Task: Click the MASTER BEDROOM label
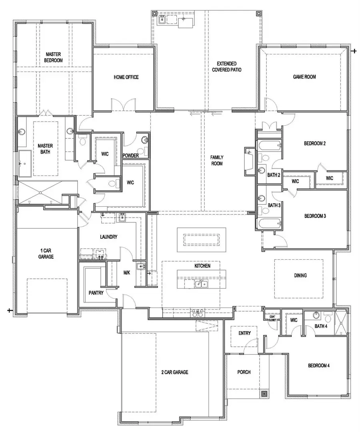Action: (x=54, y=57)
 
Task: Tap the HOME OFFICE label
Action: (x=126, y=77)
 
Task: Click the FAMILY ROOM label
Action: (x=216, y=160)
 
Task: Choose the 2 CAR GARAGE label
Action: (x=174, y=372)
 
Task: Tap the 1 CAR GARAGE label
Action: (x=46, y=254)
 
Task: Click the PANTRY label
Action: (x=96, y=293)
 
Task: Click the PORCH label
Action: (x=244, y=372)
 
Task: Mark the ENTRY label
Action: (x=244, y=333)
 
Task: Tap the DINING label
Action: (x=300, y=275)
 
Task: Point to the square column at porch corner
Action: (x=264, y=394)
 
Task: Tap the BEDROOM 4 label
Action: (x=318, y=366)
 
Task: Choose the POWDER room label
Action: (x=130, y=156)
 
